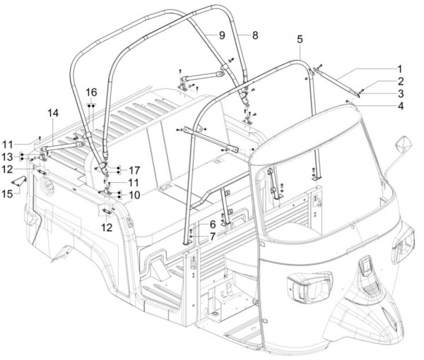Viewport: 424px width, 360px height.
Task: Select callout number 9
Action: click(220, 35)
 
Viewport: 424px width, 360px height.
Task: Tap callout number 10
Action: click(134, 195)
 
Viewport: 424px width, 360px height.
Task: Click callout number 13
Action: click(7, 156)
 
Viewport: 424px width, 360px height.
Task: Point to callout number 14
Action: click(54, 113)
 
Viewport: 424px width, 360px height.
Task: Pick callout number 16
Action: click(92, 92)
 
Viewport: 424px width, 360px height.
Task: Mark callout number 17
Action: click(134, 170)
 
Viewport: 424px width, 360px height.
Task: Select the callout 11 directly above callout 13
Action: click(7, 143)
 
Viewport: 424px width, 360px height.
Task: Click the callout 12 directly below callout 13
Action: click(7, 169)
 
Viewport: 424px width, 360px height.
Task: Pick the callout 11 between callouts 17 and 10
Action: click(134, 182)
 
